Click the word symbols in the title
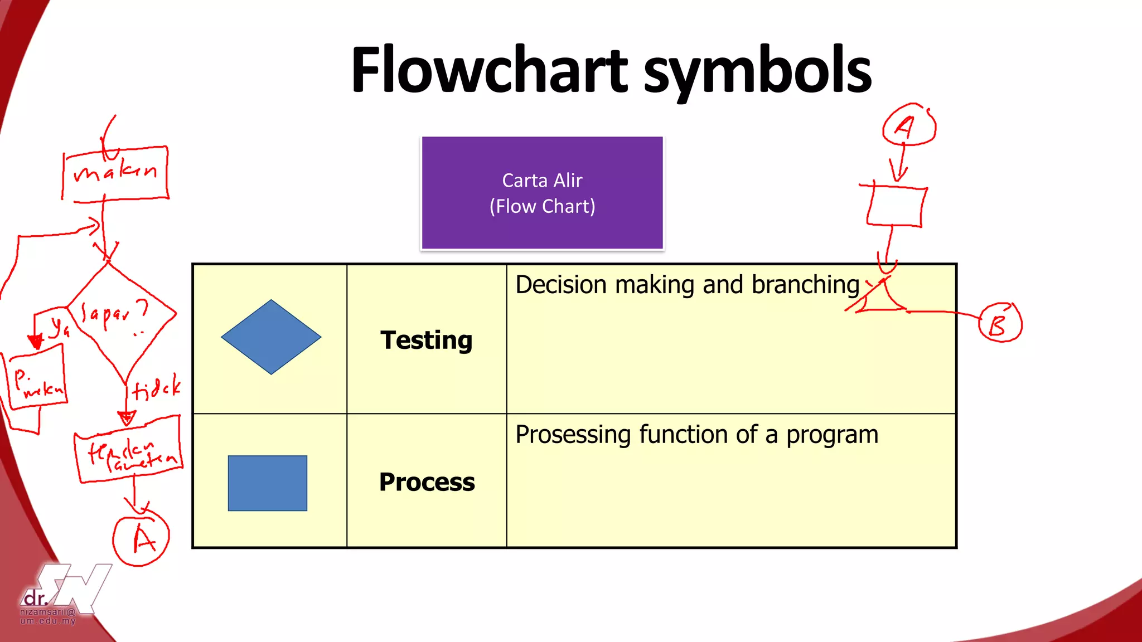tap(757, 71)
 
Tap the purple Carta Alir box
tap(542, 193)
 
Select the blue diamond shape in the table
tap(271, 337)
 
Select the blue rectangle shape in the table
tap(268, 483)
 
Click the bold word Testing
tap(427, 340)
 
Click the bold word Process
tap(427, 482)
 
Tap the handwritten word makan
tap(115, 171)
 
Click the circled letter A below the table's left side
tap(142, 538)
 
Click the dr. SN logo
tap(64, 594)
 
